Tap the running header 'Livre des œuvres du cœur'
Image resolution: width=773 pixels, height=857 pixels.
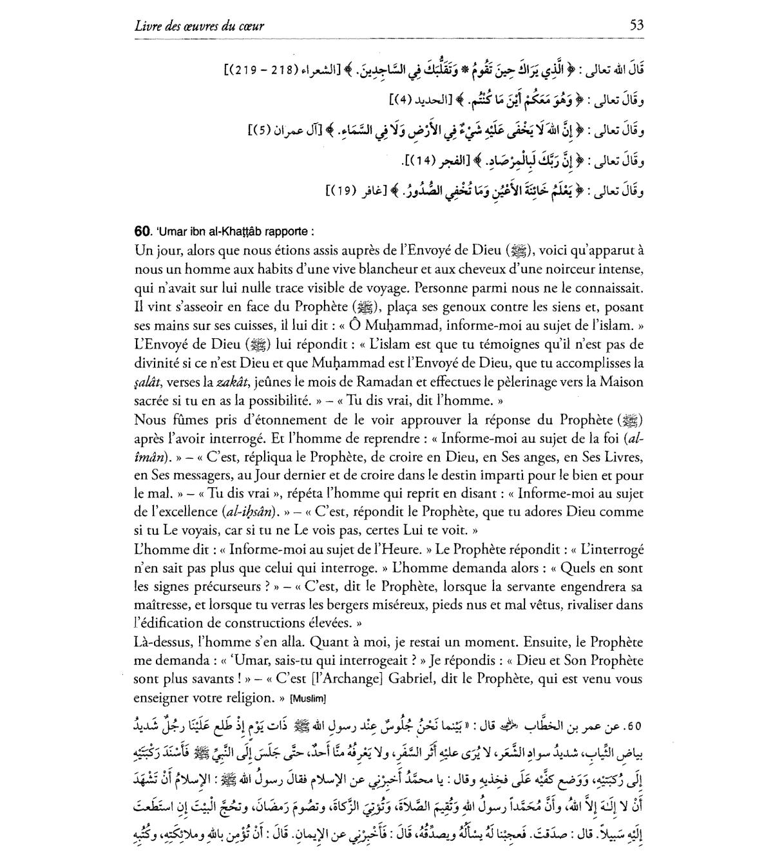tap(200, 26)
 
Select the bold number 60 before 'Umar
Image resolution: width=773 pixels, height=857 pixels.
tap(143, 231)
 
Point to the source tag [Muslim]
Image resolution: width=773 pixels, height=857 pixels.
tap(309, 698)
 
